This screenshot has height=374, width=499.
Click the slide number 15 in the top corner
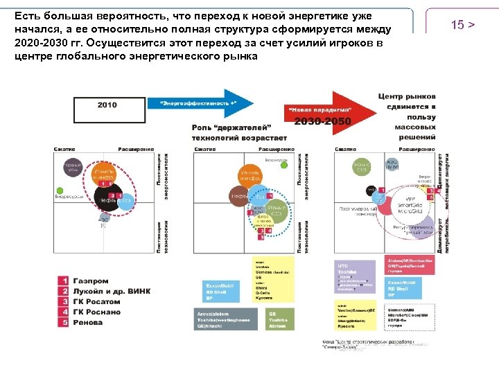click(462, 25)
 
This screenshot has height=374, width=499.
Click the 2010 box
click(107, 106)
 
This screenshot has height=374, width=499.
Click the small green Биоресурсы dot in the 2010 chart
click(60, 190)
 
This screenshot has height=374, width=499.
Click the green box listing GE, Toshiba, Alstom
click(278, 318)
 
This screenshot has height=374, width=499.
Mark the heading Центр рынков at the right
click(407, 98)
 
